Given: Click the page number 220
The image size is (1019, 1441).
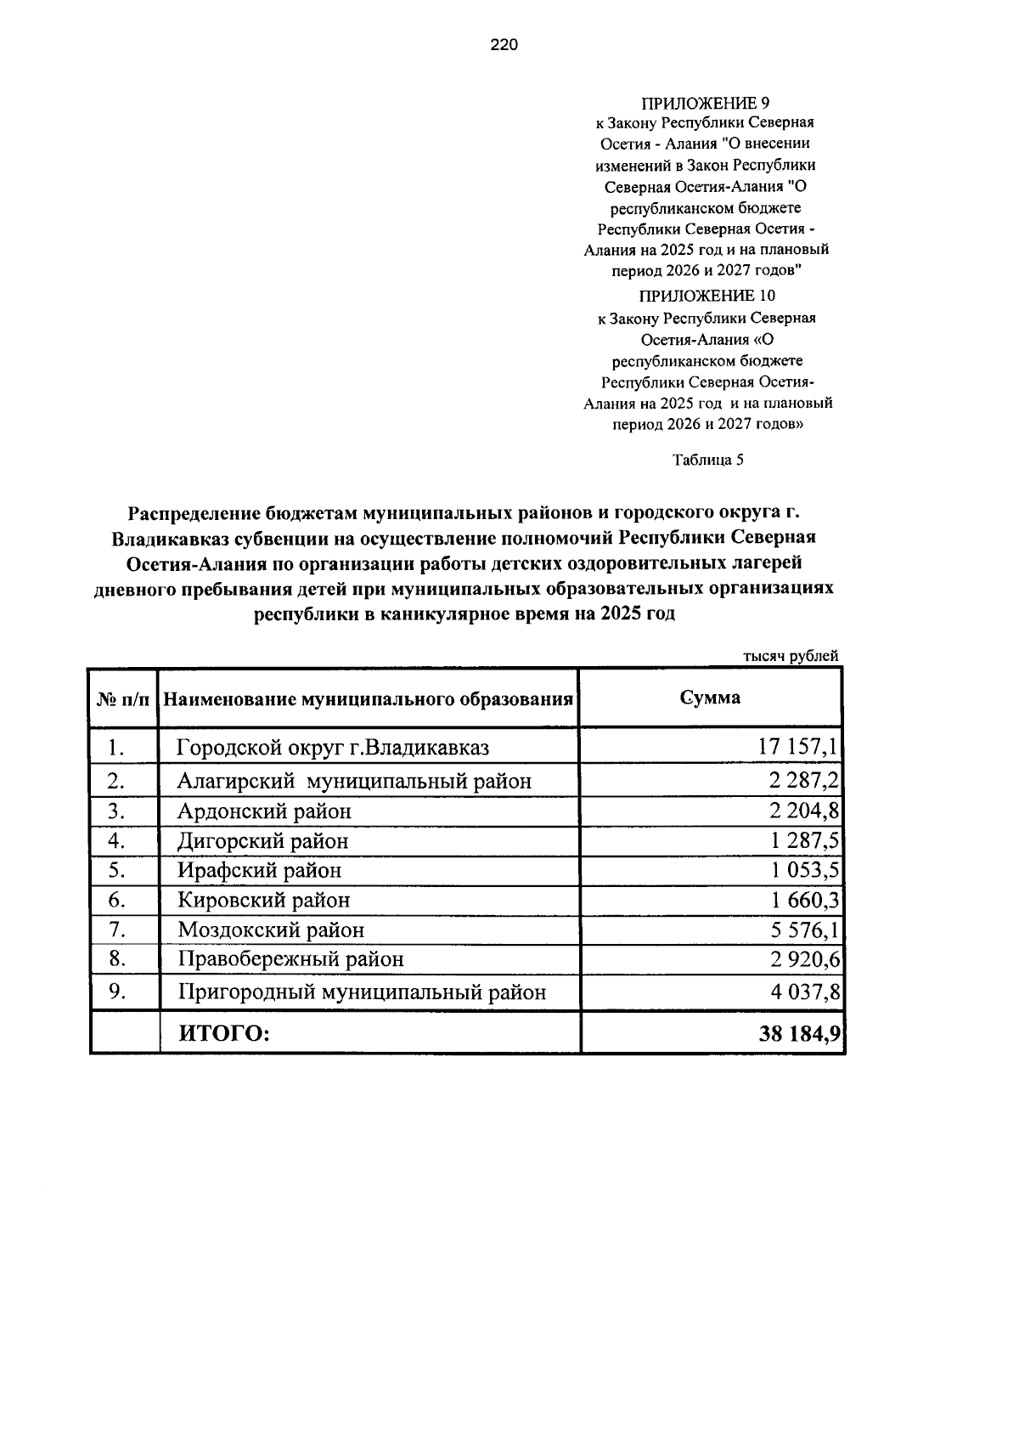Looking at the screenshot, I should pyautogui.click(x=504, y=46).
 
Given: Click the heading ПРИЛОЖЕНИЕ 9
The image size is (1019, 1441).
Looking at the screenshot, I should pyautogui.click(x=705, y=104).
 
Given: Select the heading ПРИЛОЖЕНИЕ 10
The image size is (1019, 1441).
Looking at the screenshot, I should pyautogui.click(x=707, y=296).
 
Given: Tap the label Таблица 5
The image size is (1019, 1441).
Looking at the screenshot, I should pyautogui.click(x=707, y=460).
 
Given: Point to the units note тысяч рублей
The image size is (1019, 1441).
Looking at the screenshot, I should pyautogui.click(x=791, y=655).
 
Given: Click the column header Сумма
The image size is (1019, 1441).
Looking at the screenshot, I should pyautogui.click(x=710, y=698).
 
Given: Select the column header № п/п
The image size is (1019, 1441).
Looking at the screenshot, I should pyautogui.click(x=123, y=699).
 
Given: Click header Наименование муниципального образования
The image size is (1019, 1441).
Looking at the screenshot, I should pyautogui.click(x=368, y=699).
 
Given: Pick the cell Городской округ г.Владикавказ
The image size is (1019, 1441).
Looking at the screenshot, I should pyautogui.click(x=333, y=748).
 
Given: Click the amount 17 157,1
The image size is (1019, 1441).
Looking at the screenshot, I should pyautogui.click(x=798, y=747).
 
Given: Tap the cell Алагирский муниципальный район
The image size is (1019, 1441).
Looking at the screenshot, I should pyautogui.click(x=354, y=780).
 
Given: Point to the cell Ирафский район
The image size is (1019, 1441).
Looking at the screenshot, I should pyautogui.click(x=260, y=870).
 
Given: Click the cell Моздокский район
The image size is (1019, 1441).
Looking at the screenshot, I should pyautogui.click(x=271, y=930).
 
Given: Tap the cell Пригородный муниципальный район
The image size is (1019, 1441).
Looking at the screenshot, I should pyautogui.click(x=362, y=992).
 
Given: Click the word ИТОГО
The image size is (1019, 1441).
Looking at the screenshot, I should pyautogui.click(x=222, y=1033).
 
